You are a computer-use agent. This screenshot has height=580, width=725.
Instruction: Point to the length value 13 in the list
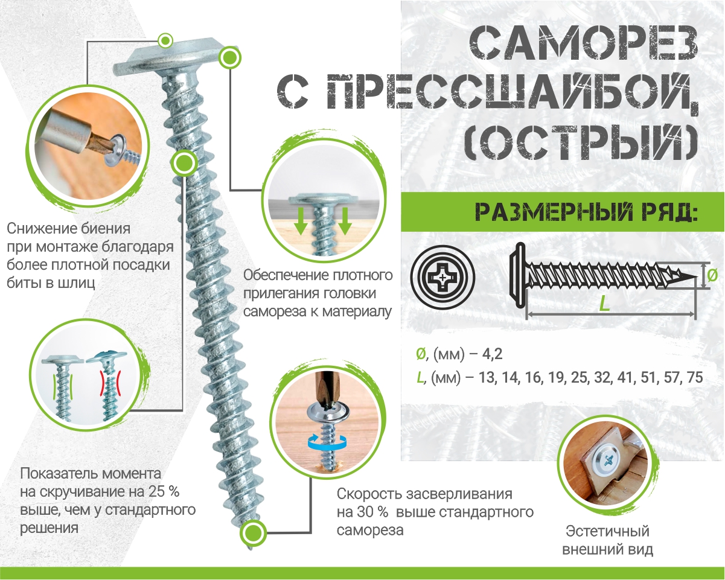pos(484,378)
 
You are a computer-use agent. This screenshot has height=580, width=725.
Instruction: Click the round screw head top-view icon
pos(442,277)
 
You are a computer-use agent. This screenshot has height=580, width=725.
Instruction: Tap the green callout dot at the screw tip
pos(253,534)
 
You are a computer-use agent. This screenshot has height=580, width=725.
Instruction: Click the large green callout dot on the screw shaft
pos(184,162)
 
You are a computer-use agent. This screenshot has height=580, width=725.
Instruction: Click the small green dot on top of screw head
pos(164,40)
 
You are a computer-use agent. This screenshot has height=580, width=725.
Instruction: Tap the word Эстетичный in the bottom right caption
pos(607,532)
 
